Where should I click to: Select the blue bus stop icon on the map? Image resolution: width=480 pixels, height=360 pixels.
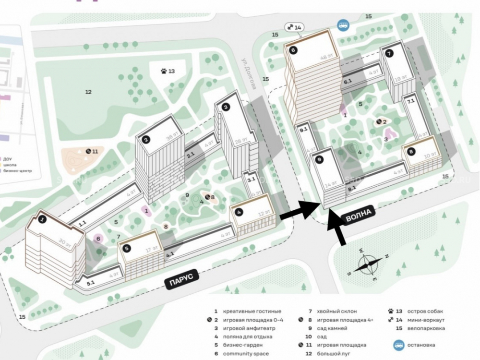[x=343, y=25]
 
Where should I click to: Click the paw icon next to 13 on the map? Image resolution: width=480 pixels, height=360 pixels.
[x=165, y=72]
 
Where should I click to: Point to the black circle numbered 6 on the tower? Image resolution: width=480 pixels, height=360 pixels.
[x=293, y=49]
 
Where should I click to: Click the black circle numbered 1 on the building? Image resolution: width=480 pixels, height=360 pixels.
[x=43, y=220]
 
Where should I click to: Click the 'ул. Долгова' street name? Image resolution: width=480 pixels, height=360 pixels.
[x=252, y=72]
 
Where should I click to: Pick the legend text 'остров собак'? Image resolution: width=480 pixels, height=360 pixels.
[x=422, y=311]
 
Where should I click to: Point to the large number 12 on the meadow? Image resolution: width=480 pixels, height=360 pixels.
[x=88, y=92]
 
